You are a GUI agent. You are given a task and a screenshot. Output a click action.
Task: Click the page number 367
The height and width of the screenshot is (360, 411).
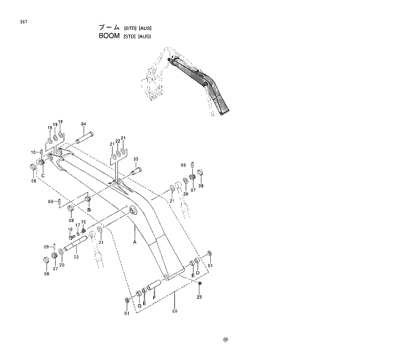[24, 22]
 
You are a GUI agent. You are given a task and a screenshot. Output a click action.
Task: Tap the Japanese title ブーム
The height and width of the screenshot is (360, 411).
[109, 27]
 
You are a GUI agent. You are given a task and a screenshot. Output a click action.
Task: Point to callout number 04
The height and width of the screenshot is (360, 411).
[84, 124]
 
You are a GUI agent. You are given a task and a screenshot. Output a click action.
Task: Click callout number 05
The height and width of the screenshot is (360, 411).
[136, 159]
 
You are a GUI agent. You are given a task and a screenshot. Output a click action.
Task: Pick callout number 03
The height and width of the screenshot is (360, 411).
[76, 257]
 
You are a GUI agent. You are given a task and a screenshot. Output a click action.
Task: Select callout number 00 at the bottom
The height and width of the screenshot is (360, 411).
[174, 310]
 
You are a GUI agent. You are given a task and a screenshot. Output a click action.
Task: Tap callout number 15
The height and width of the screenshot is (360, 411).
[84, 221]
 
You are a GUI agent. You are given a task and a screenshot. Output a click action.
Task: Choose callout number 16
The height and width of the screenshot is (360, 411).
[71, 229]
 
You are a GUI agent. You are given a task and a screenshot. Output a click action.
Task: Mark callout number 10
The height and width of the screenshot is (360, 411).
[32, 152]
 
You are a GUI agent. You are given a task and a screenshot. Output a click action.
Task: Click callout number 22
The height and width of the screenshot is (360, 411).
[117, 141]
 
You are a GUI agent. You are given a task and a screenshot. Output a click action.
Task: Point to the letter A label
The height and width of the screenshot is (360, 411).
[135, 243]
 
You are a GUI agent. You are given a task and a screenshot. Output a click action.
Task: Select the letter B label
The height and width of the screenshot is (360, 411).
[89, 210]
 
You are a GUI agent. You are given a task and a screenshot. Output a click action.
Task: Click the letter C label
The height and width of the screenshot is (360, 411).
[43, 175]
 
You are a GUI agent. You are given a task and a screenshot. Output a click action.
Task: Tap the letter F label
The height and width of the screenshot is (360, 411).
[154, 298]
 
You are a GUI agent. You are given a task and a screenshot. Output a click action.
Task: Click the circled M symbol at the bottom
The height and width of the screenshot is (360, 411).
[226, 341]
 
